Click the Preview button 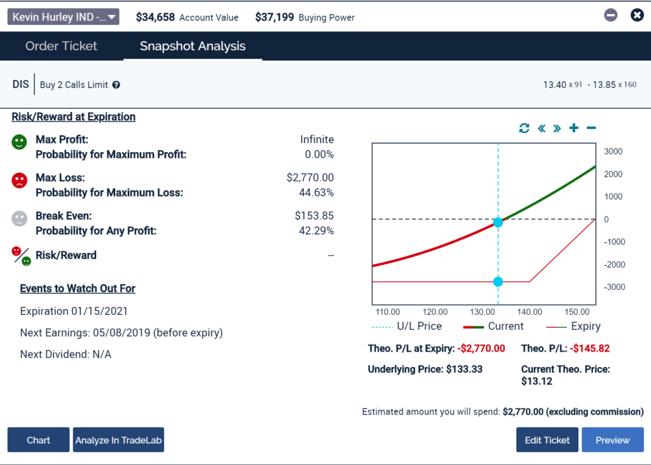click(612, 440)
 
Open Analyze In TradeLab click(118, 440)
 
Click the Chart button click(38, 440)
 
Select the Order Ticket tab click(61, 46)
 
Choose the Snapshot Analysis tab click(193, 46)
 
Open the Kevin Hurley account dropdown click(63, 17)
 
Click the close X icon click(636, 15)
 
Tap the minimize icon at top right click(610, 15)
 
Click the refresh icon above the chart click(524, 128)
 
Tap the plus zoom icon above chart click(573, 128)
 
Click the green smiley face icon click(19, 142)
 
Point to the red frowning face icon click(19, 181)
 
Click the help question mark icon click(116, 85)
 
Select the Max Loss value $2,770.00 click(310, 178)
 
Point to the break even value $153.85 click(314, 216)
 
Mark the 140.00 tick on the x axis click(530, 312)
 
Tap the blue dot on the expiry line click(498, 282)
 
